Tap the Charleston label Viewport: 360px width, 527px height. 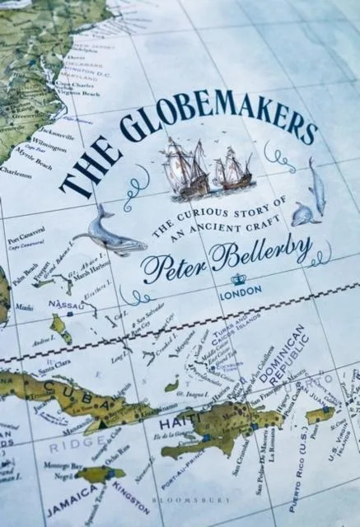(16, 174)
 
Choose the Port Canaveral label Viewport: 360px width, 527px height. (22, 235)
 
